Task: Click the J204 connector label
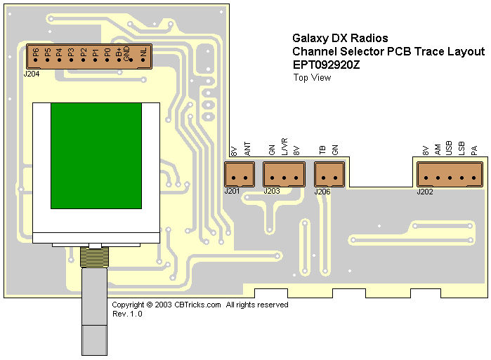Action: pyautogui.click(x=32, y=73)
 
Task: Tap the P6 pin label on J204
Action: pyautogui.click(x=36, y=52)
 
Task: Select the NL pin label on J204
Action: pyautogui.click(x=143, y=52)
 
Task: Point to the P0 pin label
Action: pyautogui.click(x=107, y=52)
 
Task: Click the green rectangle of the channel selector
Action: pyautogui.click(x=96, y=155)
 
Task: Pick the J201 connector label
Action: pyautogui.click(x=232, y=191)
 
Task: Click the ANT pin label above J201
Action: pyautogui.click(x=247, y=149)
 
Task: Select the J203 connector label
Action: pyautogui.click(x=272, y=191)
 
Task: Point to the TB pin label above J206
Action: pyautogui.click(x=322, y=150)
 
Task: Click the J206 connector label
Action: pyautogui.click(x=322, y=191)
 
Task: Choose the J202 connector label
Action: pyautogui.click(x=425, y=191)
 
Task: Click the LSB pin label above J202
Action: pyautogui.click(x=461, y=148)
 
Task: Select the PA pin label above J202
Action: pyautogui.click(x=474, y=150)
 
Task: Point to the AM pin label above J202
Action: pyautogui.click(x=438, y=149)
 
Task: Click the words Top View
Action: pyautogui.click(x=312, y=78)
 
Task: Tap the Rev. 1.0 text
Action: pyautogui.click(x=127, y=314)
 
